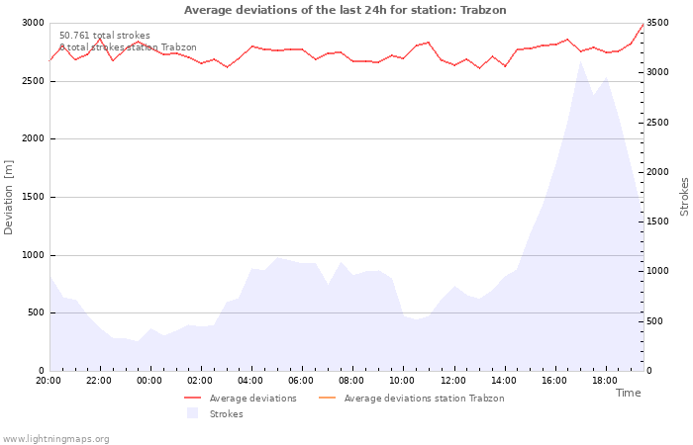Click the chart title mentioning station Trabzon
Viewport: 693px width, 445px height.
[x=345, y=10]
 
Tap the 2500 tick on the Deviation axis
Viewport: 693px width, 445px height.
[x=33, y=81]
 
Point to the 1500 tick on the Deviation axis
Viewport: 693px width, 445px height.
[x=33, y=198]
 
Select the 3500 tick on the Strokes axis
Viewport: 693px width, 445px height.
[x=657, y=23]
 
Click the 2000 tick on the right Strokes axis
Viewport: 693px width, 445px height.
[x=657, y=172]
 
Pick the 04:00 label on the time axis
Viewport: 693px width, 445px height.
[x=250, y=381]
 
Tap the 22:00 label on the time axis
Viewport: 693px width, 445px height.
[x=99, y=381]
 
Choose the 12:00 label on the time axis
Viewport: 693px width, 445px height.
[x=453, y=381]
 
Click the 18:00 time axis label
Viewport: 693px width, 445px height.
[x=605, y=381]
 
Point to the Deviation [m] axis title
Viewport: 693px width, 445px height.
[x=8, y=198]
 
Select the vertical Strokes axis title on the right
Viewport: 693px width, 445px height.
[x=684, y=197]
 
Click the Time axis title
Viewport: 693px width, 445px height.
[x=628, y=393]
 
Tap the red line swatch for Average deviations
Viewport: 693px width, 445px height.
[x=193, y=399]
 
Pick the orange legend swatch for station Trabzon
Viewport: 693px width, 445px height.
[x=327, y=399]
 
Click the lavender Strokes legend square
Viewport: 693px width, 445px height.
[x=192, y=413]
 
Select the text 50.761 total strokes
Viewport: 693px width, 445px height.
[x=105, y=36]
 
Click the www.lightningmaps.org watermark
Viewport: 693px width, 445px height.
[x=55, y=439]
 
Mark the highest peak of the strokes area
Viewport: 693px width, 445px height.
[x=580, y=61]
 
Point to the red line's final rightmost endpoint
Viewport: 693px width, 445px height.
[x=643, y=24]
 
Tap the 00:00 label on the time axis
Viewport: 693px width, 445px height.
[x=149, y=381]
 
